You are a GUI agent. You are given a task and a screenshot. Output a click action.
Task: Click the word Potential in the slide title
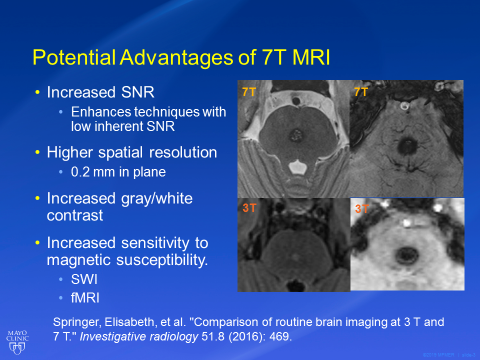[x=74, y=57]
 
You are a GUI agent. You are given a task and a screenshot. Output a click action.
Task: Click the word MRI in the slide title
[x=311, y=57]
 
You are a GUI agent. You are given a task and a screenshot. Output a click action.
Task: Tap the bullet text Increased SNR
[x=100, y=92]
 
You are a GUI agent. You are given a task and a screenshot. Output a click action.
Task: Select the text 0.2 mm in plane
[x=118, y=172]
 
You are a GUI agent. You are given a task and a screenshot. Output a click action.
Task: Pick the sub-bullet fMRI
[x=85, y=298]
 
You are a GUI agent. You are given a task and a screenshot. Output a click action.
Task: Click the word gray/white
[x=156, y=199]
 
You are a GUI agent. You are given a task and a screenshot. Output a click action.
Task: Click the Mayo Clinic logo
[x=17, y=342]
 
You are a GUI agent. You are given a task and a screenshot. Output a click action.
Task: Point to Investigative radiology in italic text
[x=139, y=336]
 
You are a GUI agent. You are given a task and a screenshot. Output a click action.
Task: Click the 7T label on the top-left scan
[x=248, y=92]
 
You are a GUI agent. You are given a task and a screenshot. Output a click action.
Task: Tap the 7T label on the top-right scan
[x=361, y=92]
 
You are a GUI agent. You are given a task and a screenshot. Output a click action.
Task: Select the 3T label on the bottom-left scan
[x=249, y=208]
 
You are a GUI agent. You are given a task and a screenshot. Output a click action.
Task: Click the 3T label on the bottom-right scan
[x=361, y=209]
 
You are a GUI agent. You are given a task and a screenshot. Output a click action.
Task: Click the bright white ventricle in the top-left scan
[x=297, y=167]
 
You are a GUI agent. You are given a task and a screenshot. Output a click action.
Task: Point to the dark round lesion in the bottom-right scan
[x=407, y=255]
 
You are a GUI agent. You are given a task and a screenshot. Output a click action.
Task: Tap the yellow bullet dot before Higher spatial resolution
[x=37, y=152]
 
